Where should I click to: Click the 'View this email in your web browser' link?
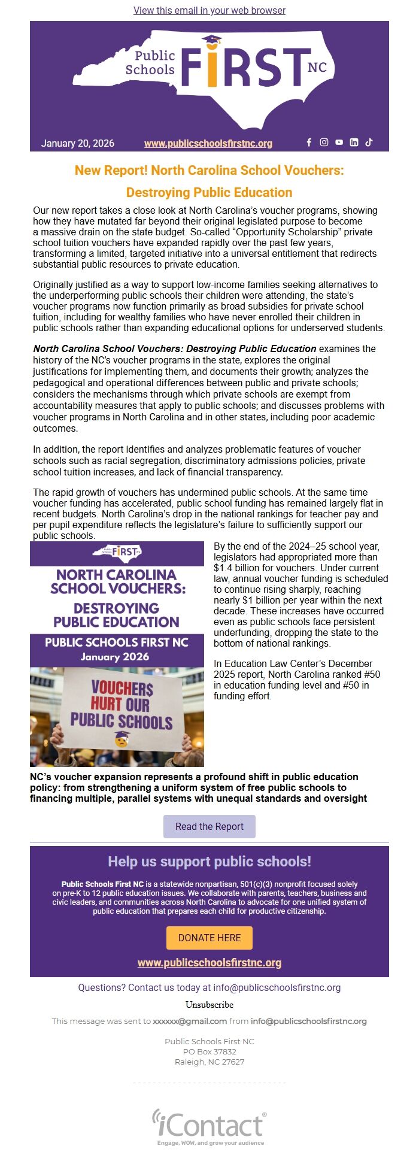[x=209, y=10]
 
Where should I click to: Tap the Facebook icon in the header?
[x=309, y=143]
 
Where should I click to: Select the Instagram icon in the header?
[x=324, y=143]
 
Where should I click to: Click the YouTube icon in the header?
[x=339, y=143]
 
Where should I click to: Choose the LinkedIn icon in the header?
[x=354, y=143]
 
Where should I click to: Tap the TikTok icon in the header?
[x=369, y=143]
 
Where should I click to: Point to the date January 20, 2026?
[x=78, y=144]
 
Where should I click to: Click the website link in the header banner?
[x=208, y=144]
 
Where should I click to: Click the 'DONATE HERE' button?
[x=209, y=938]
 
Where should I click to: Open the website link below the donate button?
[x=209, y=963]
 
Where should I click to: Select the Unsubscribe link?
[x=209, y=1004]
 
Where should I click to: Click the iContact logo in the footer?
[x=209, y=1126]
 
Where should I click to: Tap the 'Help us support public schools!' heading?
[x=209, y=862]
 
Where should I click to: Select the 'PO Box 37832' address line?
[x=209, y=1051]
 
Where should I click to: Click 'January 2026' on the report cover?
[x=115, y=657]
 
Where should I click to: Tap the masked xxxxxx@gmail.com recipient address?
[x=190, y=1021]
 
